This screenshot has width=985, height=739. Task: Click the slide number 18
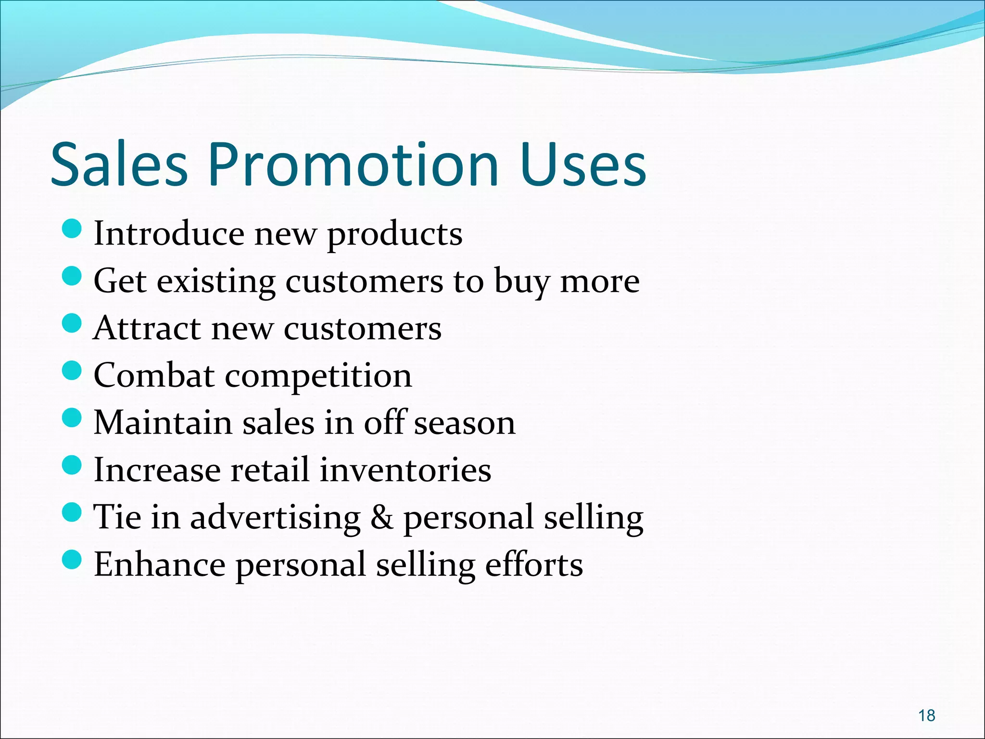(926, 715)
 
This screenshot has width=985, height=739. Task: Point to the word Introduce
(169, 234)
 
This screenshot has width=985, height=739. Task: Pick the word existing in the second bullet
(216, 281)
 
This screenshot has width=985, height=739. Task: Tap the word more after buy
(600, 281)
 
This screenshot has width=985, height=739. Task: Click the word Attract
(147, 329)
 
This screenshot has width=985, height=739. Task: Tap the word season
(465, 423)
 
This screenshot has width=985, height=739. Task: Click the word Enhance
(159, 564)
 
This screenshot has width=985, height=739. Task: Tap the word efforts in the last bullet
(534, 564)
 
